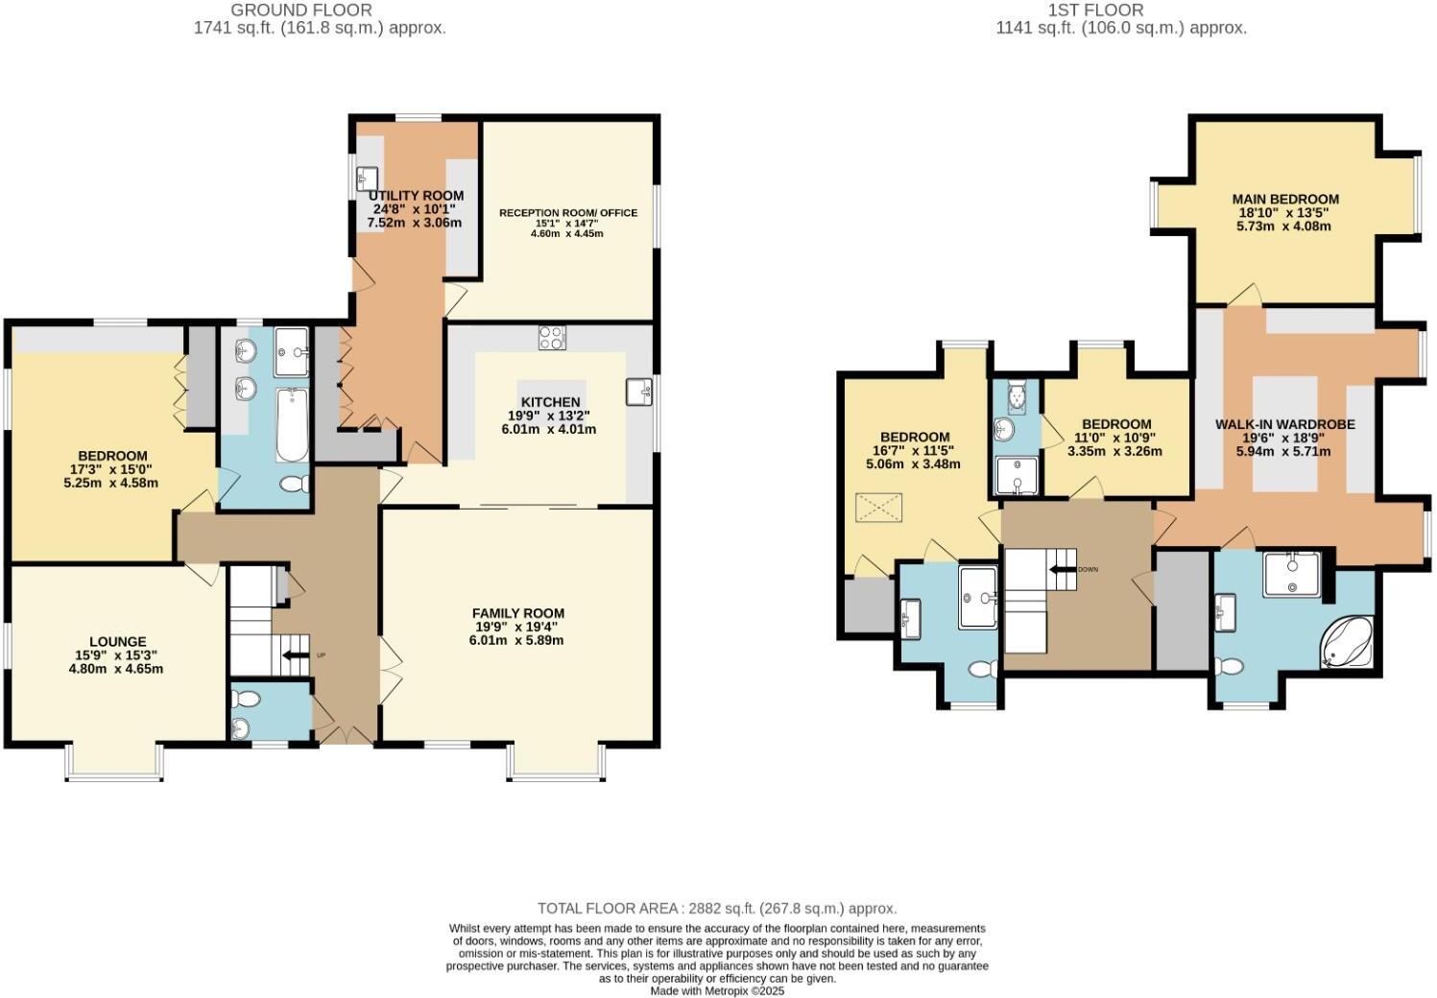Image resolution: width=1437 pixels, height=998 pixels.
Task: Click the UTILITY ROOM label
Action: click(416, 196)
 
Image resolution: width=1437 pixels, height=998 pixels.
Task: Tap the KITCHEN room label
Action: click(550, 402)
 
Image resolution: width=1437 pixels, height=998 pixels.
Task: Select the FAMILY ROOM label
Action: click(517, 613)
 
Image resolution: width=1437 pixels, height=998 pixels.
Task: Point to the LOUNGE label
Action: click(117, 642)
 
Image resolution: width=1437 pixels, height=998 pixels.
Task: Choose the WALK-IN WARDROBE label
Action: click(1284, 424)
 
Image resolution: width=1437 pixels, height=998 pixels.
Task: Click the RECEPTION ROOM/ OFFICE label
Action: click(567, 213)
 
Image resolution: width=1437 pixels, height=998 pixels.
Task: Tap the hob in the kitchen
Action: click(552, 338)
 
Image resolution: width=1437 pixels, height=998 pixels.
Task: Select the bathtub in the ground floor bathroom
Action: click(292, 424)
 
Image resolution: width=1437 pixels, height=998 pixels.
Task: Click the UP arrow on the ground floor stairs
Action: click(292, 655)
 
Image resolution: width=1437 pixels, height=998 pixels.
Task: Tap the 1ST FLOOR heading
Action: click(1121, 11)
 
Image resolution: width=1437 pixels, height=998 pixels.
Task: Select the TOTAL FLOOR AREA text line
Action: click(717, 908)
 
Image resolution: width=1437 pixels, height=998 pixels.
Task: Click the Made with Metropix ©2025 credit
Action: click(717, 990)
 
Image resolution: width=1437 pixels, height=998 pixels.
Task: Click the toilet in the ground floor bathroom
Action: click(293, 486)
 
